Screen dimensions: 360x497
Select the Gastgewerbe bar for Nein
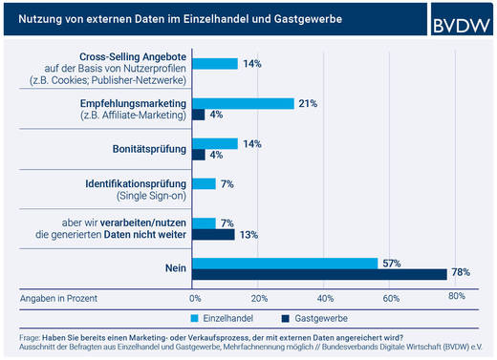click(x=319, y=274)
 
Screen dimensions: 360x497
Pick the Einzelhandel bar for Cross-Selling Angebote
click(x=215, y=64)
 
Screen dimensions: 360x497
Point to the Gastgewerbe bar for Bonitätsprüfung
click(x=198, y=155)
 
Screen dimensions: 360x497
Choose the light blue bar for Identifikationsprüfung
click(x=204, y=183)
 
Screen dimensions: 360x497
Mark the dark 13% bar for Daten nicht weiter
click(x=213, y=233)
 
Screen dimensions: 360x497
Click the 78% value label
click(x=461, y=274)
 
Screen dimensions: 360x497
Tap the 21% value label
click(x=308, y=103)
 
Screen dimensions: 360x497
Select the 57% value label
click(x=392, y=262)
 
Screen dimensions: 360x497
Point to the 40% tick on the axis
click(x=324, y=297)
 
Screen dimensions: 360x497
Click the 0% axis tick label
click(x=194, y=297)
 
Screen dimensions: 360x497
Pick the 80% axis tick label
click(x=456, y=297)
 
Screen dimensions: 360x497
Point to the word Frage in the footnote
click(x=30, y=337)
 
